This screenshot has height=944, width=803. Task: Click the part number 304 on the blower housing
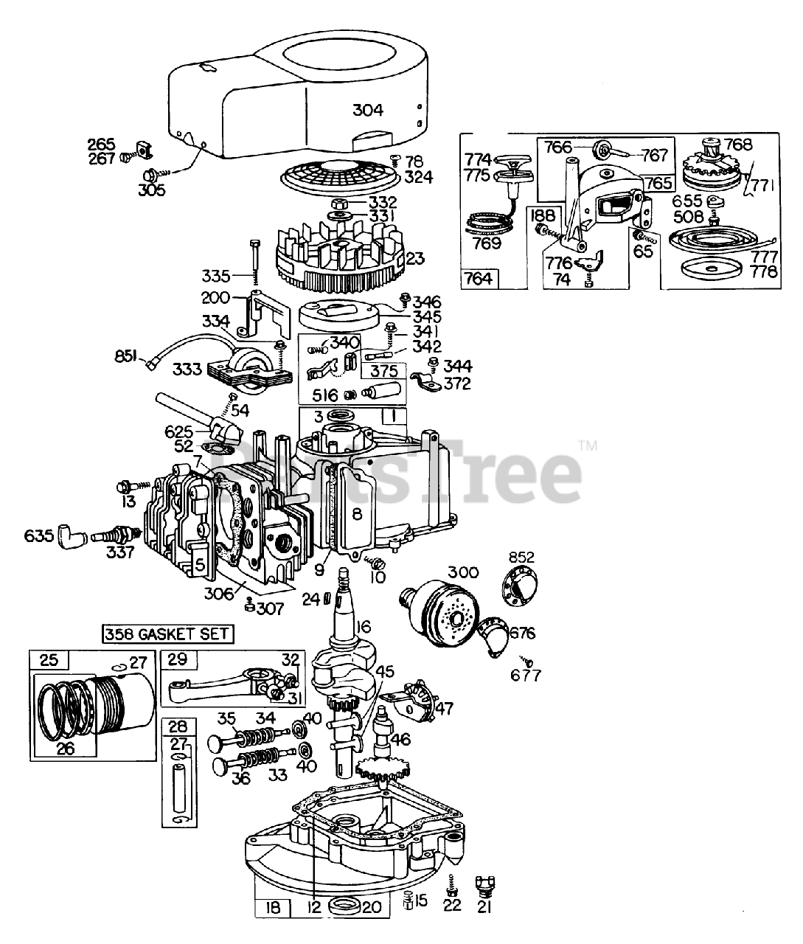coord(367,110)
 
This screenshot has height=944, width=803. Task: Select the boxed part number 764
coord(480,279)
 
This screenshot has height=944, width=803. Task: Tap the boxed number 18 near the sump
coord(273,908)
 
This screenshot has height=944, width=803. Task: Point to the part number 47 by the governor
coord(444,709)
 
